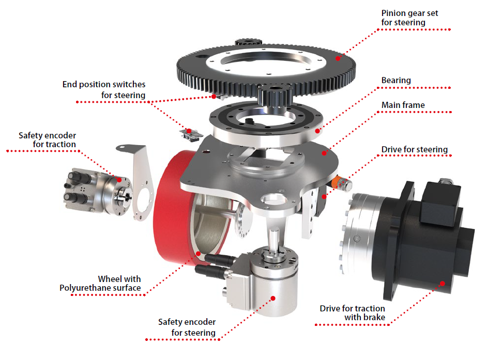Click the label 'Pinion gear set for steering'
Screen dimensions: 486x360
[409, 18]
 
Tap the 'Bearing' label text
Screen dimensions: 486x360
[396, 81]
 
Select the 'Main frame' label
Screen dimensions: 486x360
[403, 105]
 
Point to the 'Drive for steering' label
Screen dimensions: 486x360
[415, 149]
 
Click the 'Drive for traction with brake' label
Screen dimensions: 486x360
[353, 313]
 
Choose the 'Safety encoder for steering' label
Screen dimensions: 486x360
[187, 327]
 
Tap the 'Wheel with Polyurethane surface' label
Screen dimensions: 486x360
[100, 284]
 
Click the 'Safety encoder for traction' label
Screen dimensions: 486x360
[47, 140]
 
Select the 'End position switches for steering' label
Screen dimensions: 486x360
[104, 90]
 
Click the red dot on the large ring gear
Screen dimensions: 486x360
[338, 58]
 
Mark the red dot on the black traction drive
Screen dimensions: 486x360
[443, 284]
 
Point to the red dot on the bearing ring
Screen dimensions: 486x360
[317, 131]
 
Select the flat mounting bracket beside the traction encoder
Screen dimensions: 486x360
[141, 183]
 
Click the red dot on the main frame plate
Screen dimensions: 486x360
[324, 153]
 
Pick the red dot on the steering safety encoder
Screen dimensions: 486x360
[273, 298]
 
